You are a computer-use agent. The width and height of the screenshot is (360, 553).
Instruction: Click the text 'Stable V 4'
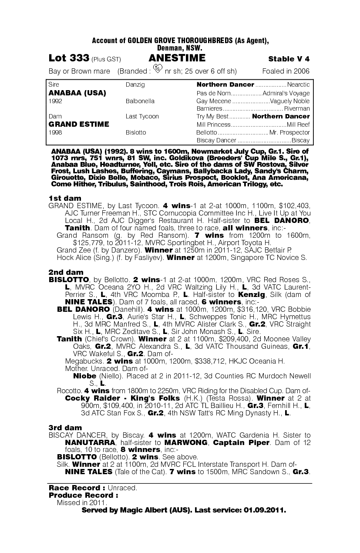[289, 59]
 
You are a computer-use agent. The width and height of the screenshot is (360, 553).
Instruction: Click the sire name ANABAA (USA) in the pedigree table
[77, 93]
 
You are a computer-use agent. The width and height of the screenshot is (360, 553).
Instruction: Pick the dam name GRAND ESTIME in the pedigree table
[78, 124]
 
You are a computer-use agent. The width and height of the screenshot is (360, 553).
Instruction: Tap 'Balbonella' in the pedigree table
[140, 101]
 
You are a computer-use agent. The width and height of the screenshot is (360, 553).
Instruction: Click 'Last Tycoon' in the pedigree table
[142, 116]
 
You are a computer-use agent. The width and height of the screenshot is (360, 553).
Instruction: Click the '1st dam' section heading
[65, 198]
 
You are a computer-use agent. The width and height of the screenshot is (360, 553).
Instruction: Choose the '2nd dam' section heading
[66, 272]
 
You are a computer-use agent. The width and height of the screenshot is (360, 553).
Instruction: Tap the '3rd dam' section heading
[65, 428]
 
